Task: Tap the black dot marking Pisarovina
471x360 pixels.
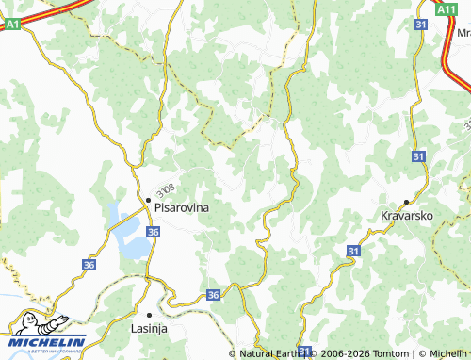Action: coord(148,200)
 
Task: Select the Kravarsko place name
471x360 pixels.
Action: coord(406,216)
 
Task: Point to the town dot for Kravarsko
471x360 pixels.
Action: coord(406,201)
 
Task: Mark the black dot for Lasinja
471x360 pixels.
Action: coord(149,314)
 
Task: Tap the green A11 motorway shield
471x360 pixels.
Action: coord(447,8)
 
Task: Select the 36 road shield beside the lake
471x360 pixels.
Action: coord(154,231)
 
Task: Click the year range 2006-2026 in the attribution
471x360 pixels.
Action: coord(344,353)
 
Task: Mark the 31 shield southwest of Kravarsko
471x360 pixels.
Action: coord(352,252)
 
